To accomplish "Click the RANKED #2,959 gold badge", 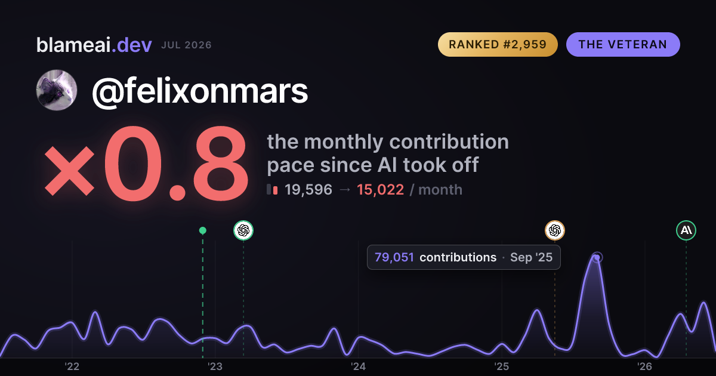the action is (x=498, y=44).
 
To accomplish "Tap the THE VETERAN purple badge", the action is (x=623, y=44).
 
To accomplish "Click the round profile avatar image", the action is (x=57, y=90).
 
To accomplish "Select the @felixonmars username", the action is (x=200, y=91).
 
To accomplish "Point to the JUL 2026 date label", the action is (x=186, y=45).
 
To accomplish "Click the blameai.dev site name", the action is (x=94, y=45).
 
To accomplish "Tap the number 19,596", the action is (x=308, y=190).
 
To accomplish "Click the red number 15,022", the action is (x=381, y=190).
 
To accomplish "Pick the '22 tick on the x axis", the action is (x=72, y=366).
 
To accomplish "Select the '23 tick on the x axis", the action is (x=215, y=366).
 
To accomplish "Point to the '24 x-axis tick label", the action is (x=359, y=366).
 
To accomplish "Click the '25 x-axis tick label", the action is (x=502, y=366).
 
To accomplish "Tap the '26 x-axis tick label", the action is (x=645, y=366).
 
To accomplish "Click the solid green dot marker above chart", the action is (x=203, y=230).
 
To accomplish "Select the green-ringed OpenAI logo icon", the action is (x=243, y=230).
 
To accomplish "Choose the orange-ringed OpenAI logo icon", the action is (x=555, y=230).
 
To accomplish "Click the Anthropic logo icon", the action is (x=686, y=230).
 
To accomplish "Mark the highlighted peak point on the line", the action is (x=597, y=257).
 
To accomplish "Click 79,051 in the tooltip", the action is (x=394, y=257).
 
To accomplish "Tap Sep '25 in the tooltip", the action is (x=531, y=257).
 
